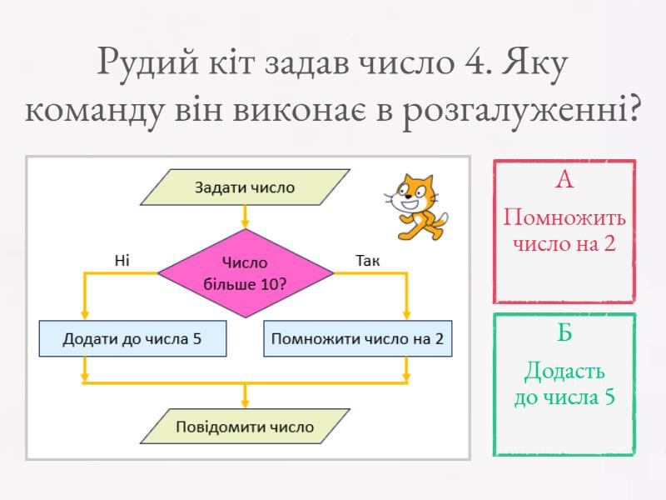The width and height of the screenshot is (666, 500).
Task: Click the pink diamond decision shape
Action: pyautogui.click(x=245, y=273)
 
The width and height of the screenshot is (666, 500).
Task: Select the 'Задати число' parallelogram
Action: pyautogui.click(x=245, y=187)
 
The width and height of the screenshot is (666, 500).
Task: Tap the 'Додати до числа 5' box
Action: pyautogui.click(x=132, y=339)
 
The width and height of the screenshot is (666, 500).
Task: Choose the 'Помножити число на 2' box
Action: pyautogui.click(x=357, y=339)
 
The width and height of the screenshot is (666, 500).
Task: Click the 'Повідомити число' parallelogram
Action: pyautogui.click(x=245, y=427)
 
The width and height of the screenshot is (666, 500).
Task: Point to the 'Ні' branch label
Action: pyautogui.click(x=122, y=261)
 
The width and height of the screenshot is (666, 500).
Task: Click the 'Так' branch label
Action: pyautogui.click(x=367, y=261)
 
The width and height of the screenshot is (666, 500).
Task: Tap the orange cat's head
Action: pyautogui.click(x=415, y=193)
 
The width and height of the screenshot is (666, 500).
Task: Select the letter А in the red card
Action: pyautogui.click(x=564, y=179)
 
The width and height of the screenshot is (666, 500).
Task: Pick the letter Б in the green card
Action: pyautogui.click(x=564, y=333)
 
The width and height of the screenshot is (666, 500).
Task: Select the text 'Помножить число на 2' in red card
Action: pyautogui.click(x=564, y=231)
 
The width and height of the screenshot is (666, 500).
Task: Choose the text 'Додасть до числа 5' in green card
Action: pyautogui.click(x=564, y=383)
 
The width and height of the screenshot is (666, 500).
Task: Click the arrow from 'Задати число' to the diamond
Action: pyautogui.click(x=245, y=217)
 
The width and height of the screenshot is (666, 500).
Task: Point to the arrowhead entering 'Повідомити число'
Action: pyautogui.click(x=245, y=402)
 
